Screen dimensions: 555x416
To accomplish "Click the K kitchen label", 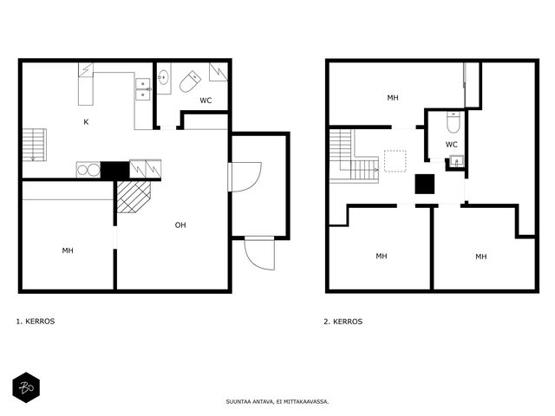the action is pyautogui.click(x=86, y=122).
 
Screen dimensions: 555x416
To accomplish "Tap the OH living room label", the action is pyautogui.click(x=180, y=225).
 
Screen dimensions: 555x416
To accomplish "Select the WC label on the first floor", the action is pyautogui.click(x=206, y=101).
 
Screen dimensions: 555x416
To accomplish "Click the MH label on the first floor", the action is pyautogui.click(x=68, y=250).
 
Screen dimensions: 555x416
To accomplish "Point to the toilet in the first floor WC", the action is pyautogui.click(x=190, y=81).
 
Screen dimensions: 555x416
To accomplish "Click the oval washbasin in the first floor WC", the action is pyautogui.click(x=163, y=77).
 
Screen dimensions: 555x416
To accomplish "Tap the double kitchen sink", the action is pyautogui.click(x=142, y=89).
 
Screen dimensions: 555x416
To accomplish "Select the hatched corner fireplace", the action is pyautogui.click(x=134, y=197).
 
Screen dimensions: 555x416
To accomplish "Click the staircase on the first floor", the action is pyautogui.click(x=35, y=145).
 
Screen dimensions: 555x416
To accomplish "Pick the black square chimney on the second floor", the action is pyautogui.click(x=425, y=184).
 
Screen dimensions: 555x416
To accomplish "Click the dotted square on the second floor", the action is pyautogui.click(x=395, y=161).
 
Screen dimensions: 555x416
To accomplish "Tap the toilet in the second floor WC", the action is pyautogui.click(x=453, y=122).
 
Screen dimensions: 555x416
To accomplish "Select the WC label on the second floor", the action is pyautogui.click(x=451, y=145).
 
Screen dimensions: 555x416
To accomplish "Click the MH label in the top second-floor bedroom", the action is pyautogui.click(x=393, y=98).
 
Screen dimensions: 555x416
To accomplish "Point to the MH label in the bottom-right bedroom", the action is pyautogui.click(x=480, y=257).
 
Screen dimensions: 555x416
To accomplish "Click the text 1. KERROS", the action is pyautogui.click(x=36, y=322).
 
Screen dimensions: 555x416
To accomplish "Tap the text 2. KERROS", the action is pyautogui.click(x=343, y=322).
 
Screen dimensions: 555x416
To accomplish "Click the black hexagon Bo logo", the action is pyautogui.click(x=26, y=387).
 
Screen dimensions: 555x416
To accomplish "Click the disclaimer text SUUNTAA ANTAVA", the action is pyautogui.click(x=250, y=402).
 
